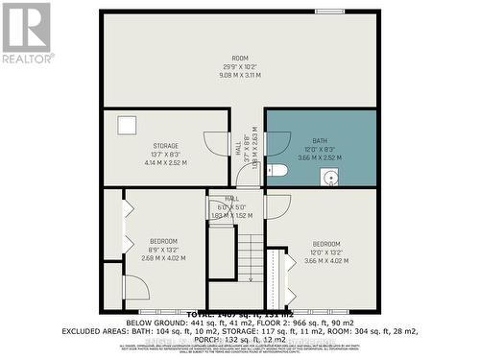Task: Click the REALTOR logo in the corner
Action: point(26,33)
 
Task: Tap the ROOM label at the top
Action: point(239,58)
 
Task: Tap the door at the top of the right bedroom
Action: point(276,205)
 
